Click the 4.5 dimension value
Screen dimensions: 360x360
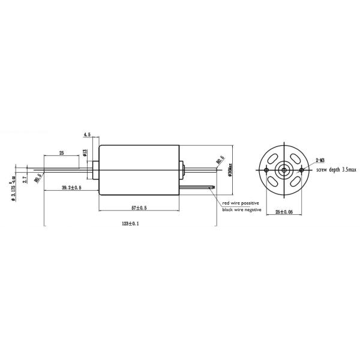pos(87,134)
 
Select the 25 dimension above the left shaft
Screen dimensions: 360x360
pos(61,154)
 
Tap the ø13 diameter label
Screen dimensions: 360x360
pos(85,154)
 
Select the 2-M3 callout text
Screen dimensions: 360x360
pos(320,160)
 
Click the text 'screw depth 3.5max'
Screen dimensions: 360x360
pos(336,170)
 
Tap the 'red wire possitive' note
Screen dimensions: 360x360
pos(242,203)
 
